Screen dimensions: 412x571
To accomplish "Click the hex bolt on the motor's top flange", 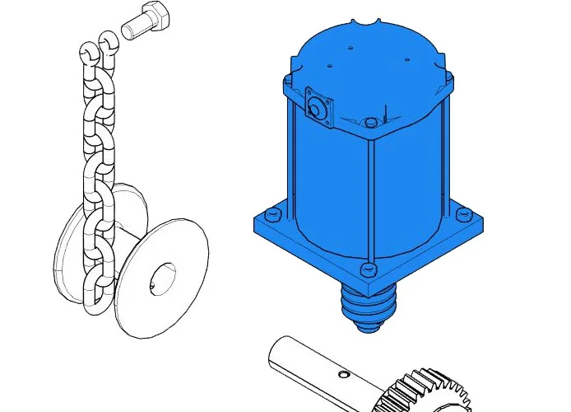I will coord(371,123).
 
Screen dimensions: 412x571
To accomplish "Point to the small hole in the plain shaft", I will coord(343,373).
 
